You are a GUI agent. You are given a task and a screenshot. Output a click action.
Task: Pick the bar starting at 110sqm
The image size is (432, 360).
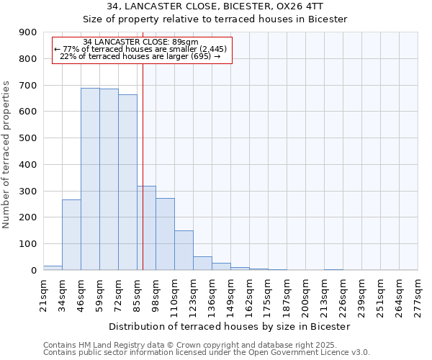[184, 250]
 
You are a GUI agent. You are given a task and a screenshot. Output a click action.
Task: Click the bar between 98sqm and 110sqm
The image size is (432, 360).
[165, 234]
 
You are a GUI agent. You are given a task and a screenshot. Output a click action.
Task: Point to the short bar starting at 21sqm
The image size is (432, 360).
[53, 268]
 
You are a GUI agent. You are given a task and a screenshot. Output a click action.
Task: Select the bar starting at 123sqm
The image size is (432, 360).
[202, 263]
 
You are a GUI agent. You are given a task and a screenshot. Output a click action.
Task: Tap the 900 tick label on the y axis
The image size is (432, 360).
[28, 32]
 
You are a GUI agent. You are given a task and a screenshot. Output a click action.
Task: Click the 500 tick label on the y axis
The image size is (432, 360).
[28, 138]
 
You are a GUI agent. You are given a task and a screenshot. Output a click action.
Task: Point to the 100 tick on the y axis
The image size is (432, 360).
[28, 244]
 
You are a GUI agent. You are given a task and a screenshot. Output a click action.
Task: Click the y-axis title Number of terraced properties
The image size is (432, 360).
[6, 155]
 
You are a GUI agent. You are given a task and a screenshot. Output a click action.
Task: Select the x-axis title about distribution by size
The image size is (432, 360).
[230, 326]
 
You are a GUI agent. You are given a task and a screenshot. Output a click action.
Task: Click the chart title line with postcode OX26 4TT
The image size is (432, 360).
[215, 6]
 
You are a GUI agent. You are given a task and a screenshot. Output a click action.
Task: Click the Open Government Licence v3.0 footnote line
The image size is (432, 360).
[207, 352]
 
